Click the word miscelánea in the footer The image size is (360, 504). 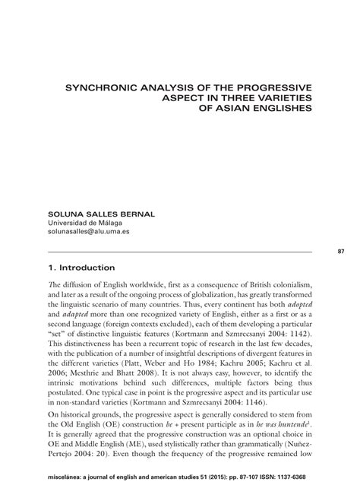(65, 487)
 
